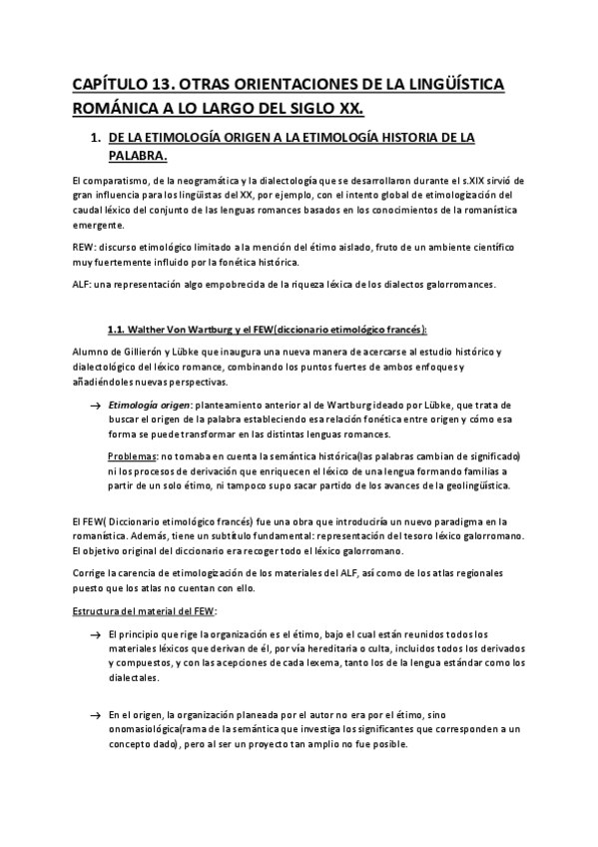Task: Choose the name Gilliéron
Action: (x=146, y=353)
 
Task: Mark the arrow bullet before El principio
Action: (x=95, y=635)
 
